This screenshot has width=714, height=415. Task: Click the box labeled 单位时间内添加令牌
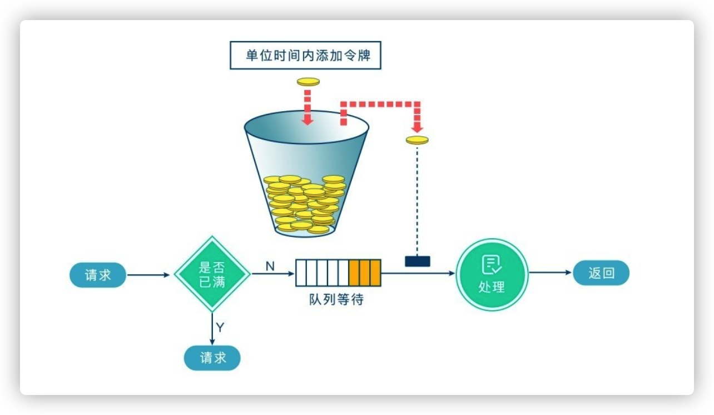tap(305, 55)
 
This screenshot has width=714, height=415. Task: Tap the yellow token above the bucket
tap(308, 82)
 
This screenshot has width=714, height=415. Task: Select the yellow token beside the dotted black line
tap(417, 140)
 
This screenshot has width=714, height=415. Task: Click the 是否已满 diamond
tap(212, 274)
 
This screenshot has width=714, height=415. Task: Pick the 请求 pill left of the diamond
tap(98, 275)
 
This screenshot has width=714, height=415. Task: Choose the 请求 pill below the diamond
tap(212, 358)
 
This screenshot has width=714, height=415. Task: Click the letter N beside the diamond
tap(270, 266)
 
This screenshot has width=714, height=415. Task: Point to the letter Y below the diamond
tap(220, 327)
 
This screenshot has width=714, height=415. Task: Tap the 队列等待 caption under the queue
tap(336, 299)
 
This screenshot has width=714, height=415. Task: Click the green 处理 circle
tap(492, 274)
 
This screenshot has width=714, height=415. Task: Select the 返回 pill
tap(601, 273)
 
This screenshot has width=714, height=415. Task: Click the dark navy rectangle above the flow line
tap(418, 261)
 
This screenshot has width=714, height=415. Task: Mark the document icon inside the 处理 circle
tap(492, 265)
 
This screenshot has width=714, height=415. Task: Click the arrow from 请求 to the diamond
tap(148, 275)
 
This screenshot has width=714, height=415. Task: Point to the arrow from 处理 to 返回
tap(550, 273)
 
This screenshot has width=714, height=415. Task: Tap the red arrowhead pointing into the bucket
tap(308, 121)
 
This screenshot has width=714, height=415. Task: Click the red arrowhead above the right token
tap(417, 129)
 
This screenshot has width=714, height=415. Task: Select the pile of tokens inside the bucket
tap(304, 204)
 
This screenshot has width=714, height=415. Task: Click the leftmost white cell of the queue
tap(301, 273)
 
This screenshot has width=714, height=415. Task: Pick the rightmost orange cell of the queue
tap(375, 273)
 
